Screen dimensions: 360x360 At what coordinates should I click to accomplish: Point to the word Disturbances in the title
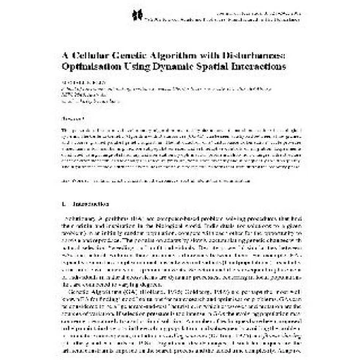252,52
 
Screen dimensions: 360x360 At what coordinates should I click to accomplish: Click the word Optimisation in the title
91,66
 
